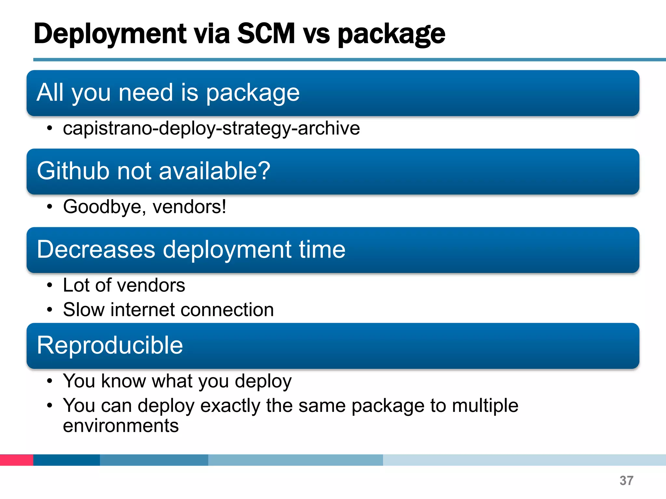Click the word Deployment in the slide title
pos(110,34)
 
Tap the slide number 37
pos(626,480)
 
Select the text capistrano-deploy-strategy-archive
pos(211,128)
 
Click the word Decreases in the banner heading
pos(96,249)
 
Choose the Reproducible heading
pos(110,345)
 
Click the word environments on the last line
pos(121,426)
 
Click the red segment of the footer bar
pos(16,460)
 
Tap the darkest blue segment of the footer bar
pos(66,460)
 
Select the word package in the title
pos(391,34)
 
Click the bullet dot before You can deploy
pos(49,405)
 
